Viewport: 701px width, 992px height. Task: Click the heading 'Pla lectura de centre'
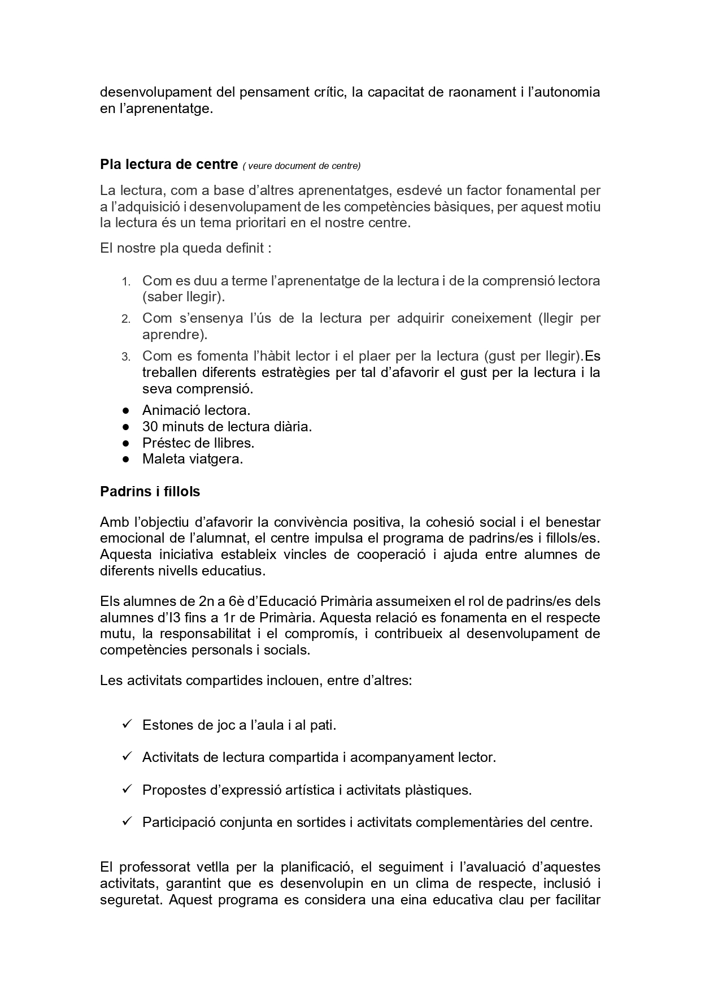(x=168, y=164)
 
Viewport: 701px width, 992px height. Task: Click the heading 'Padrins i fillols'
(x=150, y=492)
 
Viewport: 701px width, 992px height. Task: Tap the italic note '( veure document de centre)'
(x=302, y=166)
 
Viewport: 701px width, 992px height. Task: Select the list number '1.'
(x=126, y=281)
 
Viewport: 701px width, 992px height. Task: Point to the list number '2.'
(x=126, y=319)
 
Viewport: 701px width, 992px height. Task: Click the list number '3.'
(x=126, y=357)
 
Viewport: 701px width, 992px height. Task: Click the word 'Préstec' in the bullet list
(x=164, y=443)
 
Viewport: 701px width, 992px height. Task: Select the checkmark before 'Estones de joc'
(x=127, y=724)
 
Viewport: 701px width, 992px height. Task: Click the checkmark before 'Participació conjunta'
(x=127, y=821)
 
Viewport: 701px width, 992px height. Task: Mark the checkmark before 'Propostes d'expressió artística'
(x=127, y=789)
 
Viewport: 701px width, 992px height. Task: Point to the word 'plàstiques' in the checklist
(x=438, y=790)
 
